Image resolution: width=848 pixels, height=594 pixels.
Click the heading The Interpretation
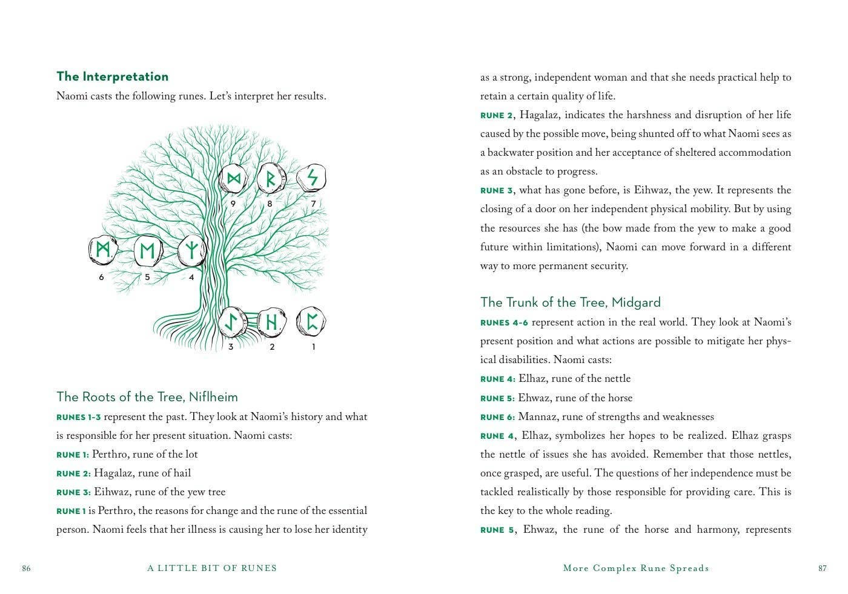[x=112, y=76]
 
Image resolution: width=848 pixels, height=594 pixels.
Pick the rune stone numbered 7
[x=312, y=178]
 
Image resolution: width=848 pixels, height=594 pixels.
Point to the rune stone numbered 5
[x=147, y=250]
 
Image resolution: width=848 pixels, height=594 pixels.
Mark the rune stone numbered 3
[x=231, y=322]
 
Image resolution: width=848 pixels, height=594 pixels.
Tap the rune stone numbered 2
[x=271, y=322]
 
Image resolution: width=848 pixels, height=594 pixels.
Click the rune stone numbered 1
[x=311, y=322]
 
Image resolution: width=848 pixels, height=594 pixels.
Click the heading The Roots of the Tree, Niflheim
[x=147, y=397]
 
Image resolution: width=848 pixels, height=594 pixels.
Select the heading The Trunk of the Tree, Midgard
[x=570, y=302]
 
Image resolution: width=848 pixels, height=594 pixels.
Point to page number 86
[x=26, y=569]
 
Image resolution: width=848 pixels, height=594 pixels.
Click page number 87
[x=822, y=569]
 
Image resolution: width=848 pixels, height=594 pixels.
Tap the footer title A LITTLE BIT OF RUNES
[x=212, y=569]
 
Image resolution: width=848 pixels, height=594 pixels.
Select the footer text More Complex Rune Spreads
[x=636, y=569]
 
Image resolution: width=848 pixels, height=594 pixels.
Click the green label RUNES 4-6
[x=504, y=323]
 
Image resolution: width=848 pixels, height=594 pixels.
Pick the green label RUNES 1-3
[x=79, y=418]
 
